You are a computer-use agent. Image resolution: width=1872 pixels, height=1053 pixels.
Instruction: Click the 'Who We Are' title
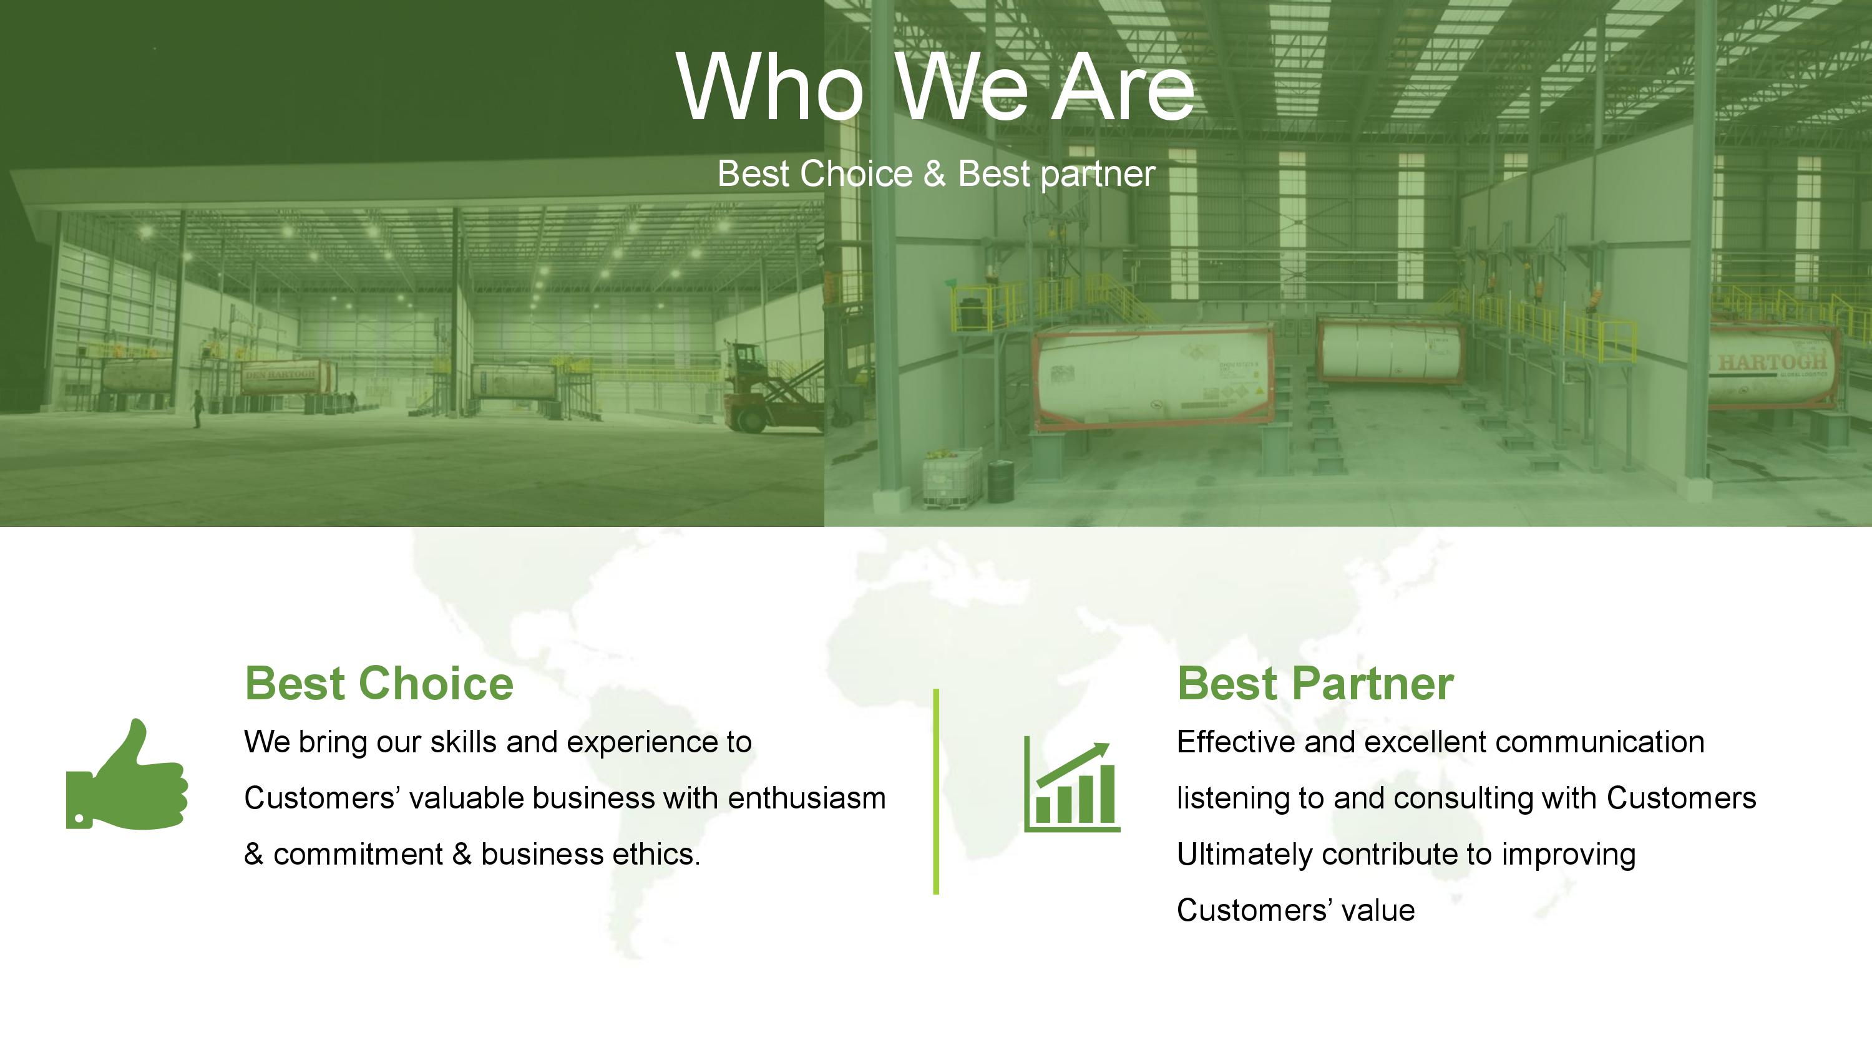pyautogui.click(x=936, y=87)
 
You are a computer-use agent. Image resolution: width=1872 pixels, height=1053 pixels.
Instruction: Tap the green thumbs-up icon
pyautogui.click(x=127, y=774)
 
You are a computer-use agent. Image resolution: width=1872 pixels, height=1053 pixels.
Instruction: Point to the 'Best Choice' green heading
pyautogui.click(x=379, y=684)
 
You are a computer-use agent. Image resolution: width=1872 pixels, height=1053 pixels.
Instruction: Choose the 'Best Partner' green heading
pyautogui.click(x=1315, y=684)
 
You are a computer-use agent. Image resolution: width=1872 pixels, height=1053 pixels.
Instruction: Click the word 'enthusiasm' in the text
pyautogui.click(x=807, y=798)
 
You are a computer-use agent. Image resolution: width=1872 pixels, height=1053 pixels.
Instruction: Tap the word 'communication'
pyautogui.click(x=1600, y=742)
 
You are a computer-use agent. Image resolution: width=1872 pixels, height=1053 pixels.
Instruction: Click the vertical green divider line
pyautogui.click(x=936, y=792)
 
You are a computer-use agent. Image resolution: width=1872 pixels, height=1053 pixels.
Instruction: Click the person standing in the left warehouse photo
pyautogui.click(x=195, y=409)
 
